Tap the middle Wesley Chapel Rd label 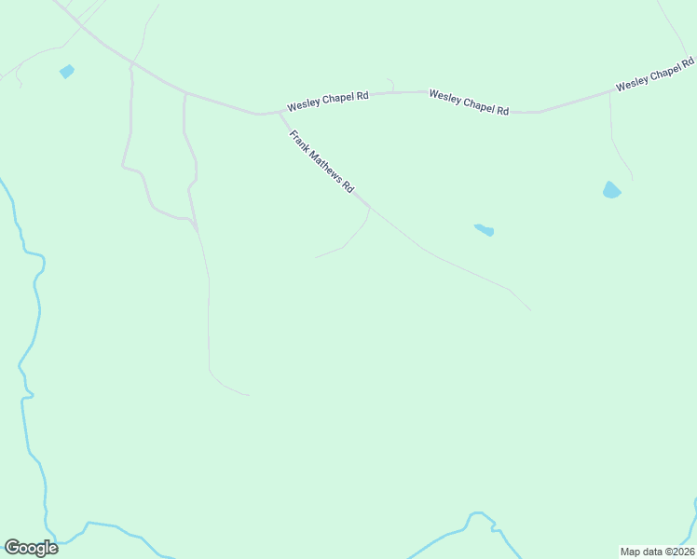click(469, 102)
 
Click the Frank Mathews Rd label click(321, 161)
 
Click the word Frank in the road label click(298, 140)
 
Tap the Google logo click(31, 548)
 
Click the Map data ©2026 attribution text click(657, 552)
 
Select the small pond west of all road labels click(66, 72)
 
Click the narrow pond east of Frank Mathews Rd click(484, 229)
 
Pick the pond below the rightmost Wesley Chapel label click(611, 190)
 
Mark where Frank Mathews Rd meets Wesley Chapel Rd click(278, 113)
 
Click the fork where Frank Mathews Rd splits click(370, 207)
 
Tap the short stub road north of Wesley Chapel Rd click(390, 85)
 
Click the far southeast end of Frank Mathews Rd click(530, 310)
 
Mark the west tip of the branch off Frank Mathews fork click(316, 258)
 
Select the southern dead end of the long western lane click(249, 395)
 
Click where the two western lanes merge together click(195, 224)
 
